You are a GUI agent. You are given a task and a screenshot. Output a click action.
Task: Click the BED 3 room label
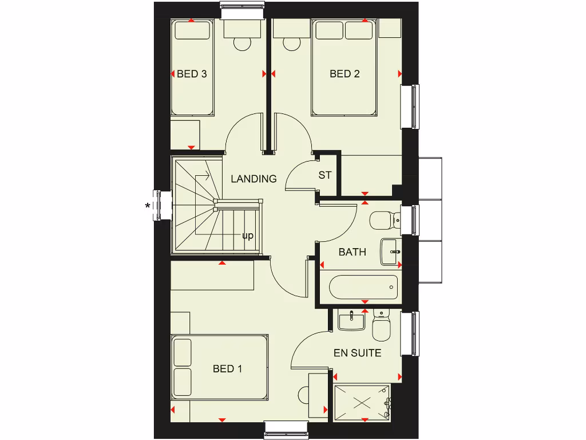coord(192,74)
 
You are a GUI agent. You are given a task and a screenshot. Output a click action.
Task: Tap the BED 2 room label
coord(345,74)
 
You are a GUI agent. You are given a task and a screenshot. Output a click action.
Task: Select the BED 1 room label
coord(227,368)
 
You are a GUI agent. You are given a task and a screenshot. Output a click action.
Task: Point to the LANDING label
coord(254,179)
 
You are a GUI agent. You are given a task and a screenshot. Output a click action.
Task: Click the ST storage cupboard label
coord(325,175)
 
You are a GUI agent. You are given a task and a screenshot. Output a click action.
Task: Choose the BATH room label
coord(352,252)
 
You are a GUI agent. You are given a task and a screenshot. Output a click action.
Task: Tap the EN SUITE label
coord(357,353)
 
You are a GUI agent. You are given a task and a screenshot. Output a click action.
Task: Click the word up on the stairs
coord(248,235)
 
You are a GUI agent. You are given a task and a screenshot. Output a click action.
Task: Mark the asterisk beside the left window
coord(148,206)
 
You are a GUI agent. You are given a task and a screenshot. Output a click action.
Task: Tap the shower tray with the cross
coord(362,402)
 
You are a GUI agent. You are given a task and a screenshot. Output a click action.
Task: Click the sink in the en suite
coord(351,320)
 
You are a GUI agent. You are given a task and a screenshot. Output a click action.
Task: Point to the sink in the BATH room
coord(391,252)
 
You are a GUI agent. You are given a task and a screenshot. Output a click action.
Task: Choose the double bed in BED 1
coord(220,367)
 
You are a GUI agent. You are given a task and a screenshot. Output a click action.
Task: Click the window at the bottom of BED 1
coord(287,427)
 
